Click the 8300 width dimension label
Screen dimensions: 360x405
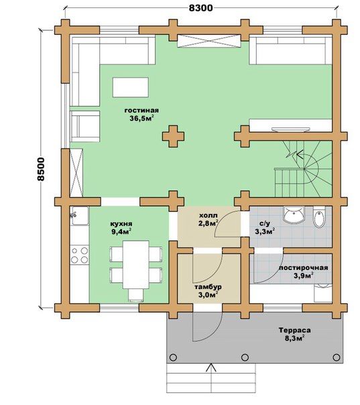pyautogui.click(x=201, y=8)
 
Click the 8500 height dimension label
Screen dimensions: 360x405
pyautogui.click(x=41, y=169)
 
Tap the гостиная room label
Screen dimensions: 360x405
pyautogui.click(x=141, y=111)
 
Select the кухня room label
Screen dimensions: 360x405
pyautogui.click(x=121, y=223)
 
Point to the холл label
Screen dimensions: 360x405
pyautogui.click(x=208, y=215)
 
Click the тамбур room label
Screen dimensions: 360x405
pyautogui.click(x=208, y=287)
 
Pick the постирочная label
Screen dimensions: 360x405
pyautogui.click(x=304, y=268)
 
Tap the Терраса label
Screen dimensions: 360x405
pyautogui.click(x=295, y=330)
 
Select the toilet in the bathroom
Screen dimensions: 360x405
pyautogui.click(x=319, y=217)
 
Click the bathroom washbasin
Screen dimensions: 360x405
pyautogui.click(x=294, y=214)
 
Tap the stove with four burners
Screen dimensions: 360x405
pyautogui.click(x=80, y=254)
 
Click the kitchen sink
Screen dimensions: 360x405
pyautogui.click(x=80, y=215)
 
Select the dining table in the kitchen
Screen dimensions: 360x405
pyautogui.click(x=136, y=264)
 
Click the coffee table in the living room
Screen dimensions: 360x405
pyautogui.click(x=131, y=87)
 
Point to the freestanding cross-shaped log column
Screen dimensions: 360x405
pyautogui.click(x=173, y=136)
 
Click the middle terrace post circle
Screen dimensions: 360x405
pyautogui.click(x=245, y=357)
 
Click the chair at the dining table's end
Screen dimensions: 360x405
pyautogui.click(x=136, y=295)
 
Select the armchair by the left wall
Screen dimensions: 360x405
pyautogui.click(x=85, y=126)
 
